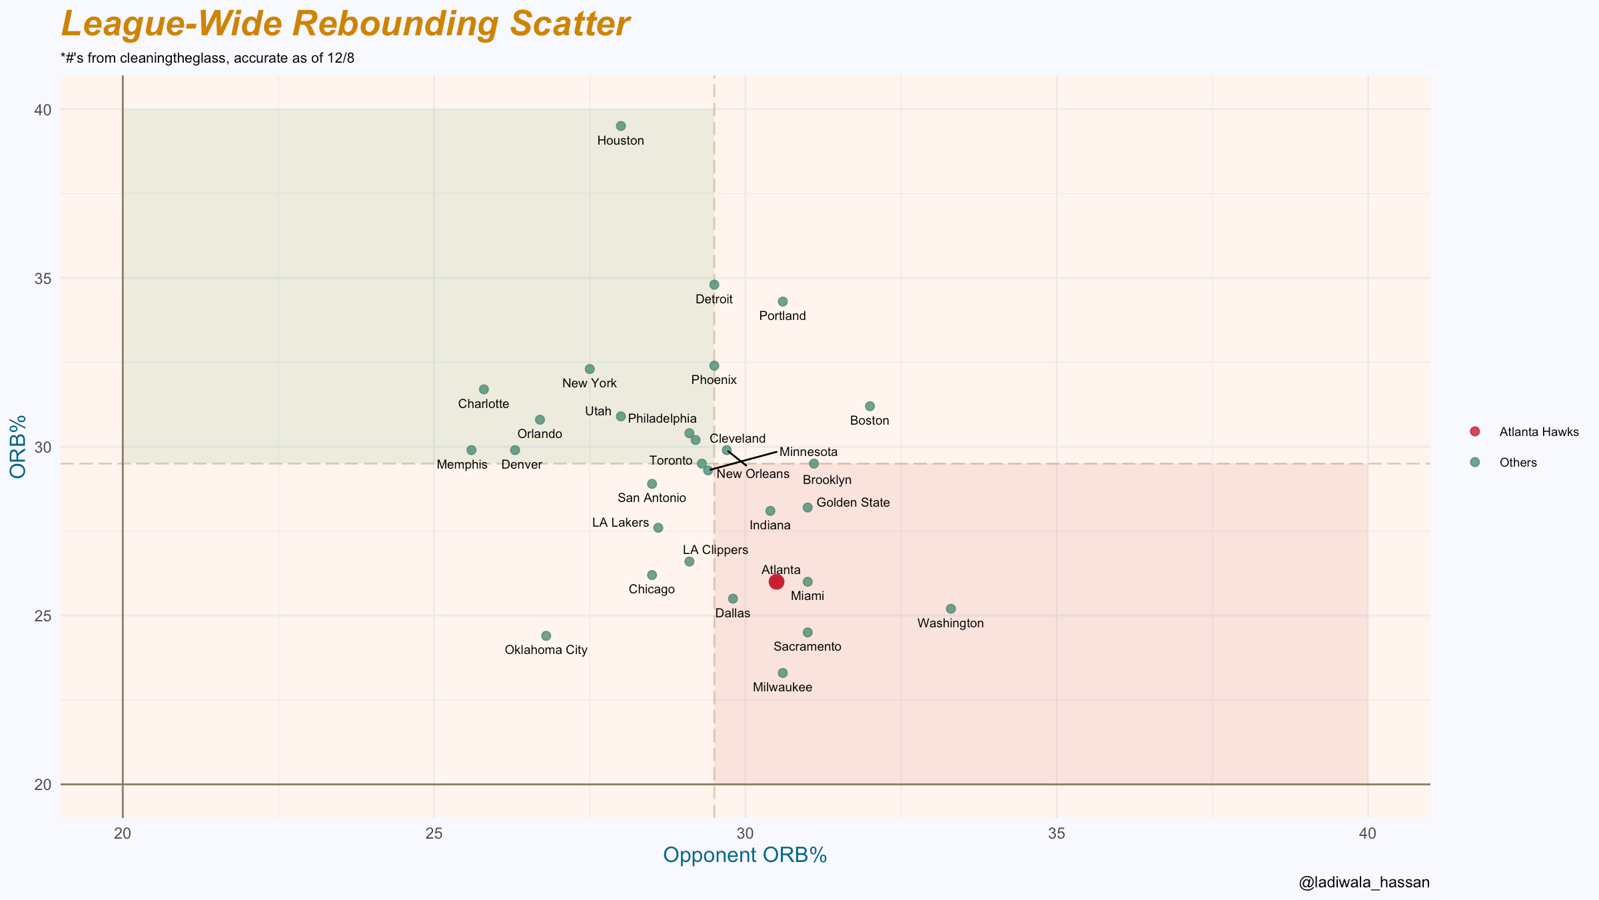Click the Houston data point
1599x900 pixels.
click(621, 126)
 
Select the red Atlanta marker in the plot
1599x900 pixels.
click(776, 582)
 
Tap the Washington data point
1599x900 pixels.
click(951, 609)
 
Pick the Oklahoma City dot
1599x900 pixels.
click(546, 636)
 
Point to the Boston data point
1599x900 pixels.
click(869, 406)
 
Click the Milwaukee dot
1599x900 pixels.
click(783, 673)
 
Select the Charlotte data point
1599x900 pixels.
click(484, 389)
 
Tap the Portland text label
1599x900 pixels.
click(782, 316)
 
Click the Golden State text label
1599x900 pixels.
click(853, 503)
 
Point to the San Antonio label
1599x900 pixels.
click(652, 498)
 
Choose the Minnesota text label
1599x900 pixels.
click(808, 452)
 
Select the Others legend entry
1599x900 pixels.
click(1518, 463)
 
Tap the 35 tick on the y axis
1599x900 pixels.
click(43, 278)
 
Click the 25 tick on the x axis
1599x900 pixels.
click(434, 833)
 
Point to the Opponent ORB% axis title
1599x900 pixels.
click(745, 855)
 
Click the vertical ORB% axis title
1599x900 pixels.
click(19, 446)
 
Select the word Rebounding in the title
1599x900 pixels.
click(395, 24)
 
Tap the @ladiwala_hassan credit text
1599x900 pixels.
click(1364, 883)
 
